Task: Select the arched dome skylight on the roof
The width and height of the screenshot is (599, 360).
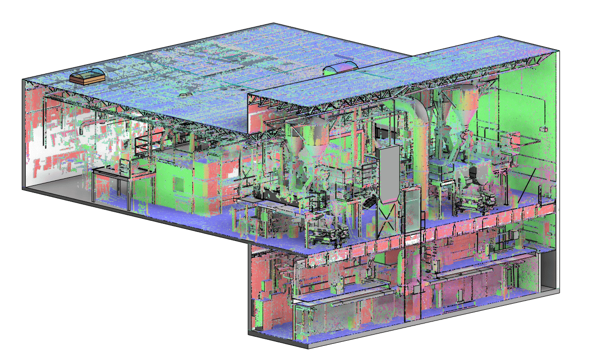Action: (340, 67)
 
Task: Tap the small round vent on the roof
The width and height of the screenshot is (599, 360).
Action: (185, 94)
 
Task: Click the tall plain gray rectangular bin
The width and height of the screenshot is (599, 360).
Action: (389, 173)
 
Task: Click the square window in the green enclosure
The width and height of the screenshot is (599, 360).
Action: (178, 184)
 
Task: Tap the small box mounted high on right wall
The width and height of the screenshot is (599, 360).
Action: (544, 129)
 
